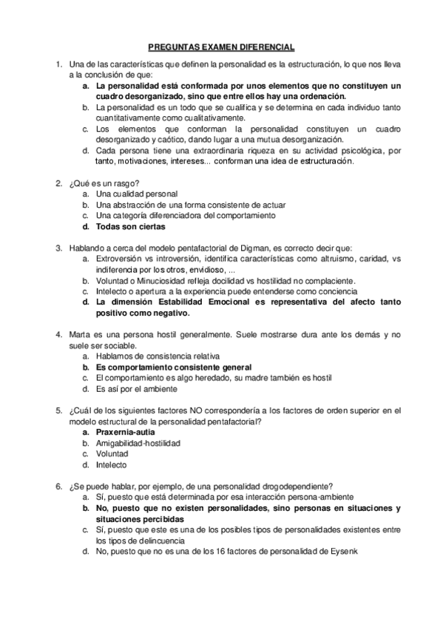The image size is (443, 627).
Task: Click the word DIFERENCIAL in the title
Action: pyautogui.click(x=263, y=46)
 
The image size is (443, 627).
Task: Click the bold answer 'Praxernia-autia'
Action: pyautogui.click(x=127, y=432)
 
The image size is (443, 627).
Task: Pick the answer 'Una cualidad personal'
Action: pyautogui.click(x=131, y=194)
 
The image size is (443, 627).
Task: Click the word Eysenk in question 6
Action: pyautogui.click(x=343, y=551)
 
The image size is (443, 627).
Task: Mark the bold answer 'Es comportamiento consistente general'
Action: pyautogui.click(x=174, y=367)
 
